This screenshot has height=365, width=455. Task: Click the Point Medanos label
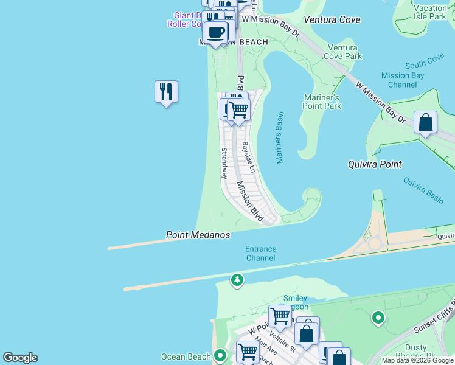point(198,235)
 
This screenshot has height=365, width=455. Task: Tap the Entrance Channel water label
point(260,254)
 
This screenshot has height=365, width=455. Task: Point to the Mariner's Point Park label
point(322,102)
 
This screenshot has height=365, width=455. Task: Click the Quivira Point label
point(375,164)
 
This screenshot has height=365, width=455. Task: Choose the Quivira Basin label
point(423,190)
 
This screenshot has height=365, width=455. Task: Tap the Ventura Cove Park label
point(345,52)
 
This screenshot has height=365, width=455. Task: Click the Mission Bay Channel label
point(402,80)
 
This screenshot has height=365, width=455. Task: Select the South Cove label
point(424,62)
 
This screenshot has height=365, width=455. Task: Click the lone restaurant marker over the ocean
point(166,92)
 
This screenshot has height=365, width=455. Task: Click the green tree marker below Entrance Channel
point(237,280)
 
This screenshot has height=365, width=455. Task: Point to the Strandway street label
point(224,163)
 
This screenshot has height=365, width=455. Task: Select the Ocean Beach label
point(185,356)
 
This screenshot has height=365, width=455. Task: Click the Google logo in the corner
point(20,358)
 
